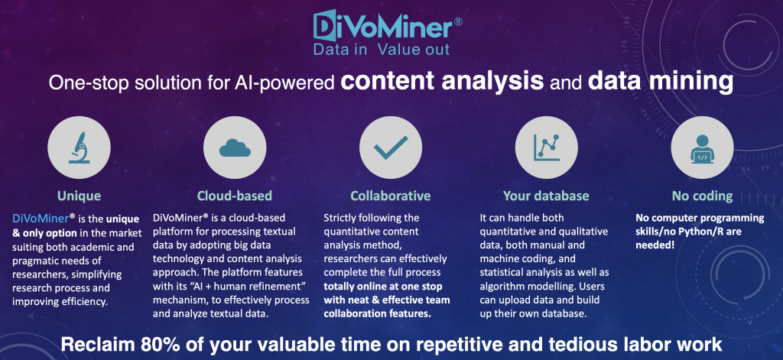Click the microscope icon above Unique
click(x=79, y=148)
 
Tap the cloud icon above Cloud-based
click(x=235, y=148)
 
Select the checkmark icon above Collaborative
click(x=391, y=148)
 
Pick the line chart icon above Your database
click(x=546, y=148)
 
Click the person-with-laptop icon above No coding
click(x=702, y=148)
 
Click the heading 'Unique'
click(x=79, y=196)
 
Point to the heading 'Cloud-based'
click(x=235, y=196)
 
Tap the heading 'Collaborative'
click(x=391, y=196)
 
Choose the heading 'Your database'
click(x=546, y=196)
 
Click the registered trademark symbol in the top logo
click(x=457, y=22)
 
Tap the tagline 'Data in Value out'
click(x=381, y=49)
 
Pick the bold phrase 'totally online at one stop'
click(x=383, y=287)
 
